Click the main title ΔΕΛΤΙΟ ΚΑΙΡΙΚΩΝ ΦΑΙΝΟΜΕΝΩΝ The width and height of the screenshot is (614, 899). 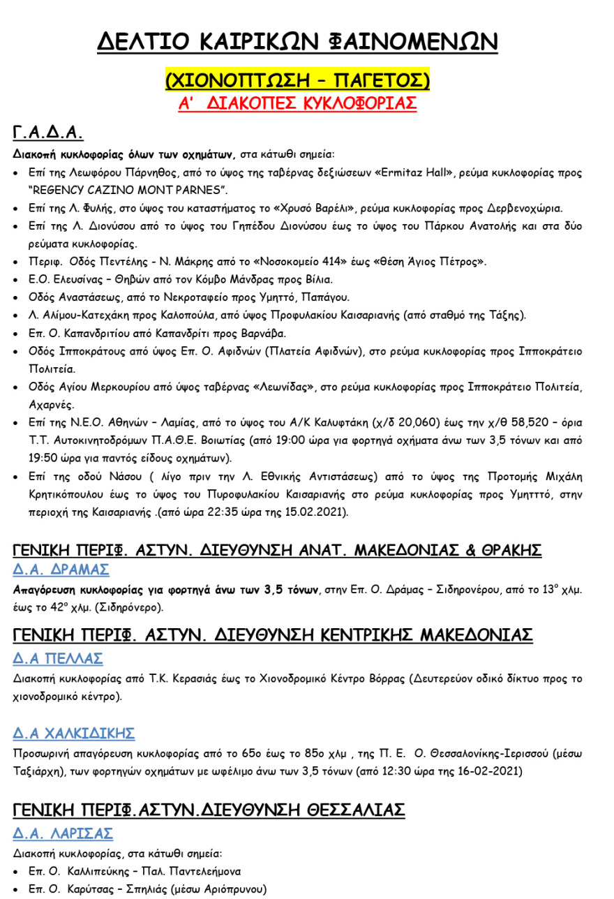297,42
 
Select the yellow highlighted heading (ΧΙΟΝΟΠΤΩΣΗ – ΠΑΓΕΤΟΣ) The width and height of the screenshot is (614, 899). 297,79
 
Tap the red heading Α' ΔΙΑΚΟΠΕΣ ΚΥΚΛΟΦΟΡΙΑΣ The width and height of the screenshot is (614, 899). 297,104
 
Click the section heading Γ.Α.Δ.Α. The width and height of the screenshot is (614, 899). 48,133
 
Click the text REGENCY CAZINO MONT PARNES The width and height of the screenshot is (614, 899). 128,190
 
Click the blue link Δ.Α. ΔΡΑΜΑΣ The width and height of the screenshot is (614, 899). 61,570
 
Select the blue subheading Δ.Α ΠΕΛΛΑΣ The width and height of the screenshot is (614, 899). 58,658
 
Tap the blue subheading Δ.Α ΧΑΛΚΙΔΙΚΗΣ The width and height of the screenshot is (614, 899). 74,734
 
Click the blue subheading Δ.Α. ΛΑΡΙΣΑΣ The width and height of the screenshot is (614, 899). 63,833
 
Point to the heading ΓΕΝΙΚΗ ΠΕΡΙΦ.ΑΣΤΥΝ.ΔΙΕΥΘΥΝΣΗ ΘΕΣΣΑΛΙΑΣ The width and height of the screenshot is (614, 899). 209,810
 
